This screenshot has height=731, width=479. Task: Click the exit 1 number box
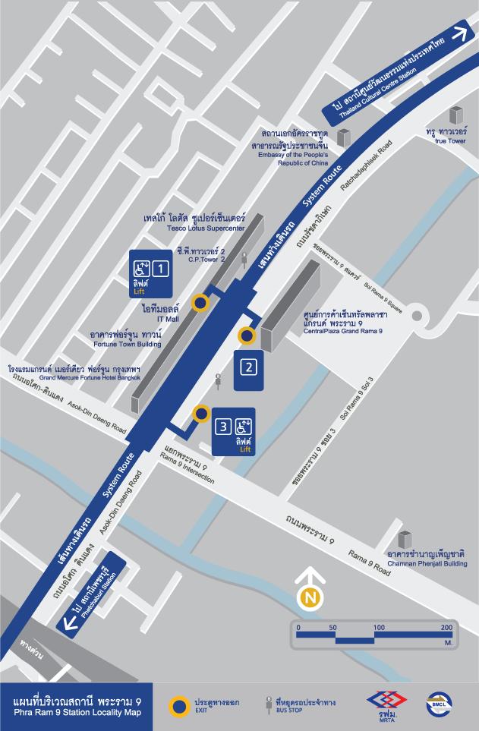[160, 268]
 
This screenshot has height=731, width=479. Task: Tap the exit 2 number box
[248, 367]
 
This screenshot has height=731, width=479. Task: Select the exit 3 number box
[223, 427]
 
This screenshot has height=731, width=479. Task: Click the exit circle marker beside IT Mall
[200, 303]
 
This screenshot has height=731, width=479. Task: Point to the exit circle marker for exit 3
[201, 414]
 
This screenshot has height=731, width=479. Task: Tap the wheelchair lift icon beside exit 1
[141, 268]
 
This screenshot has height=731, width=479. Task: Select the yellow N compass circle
[310, 597]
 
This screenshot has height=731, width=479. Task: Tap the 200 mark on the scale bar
[446, 628]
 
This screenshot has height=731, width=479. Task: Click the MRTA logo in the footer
[386, 704]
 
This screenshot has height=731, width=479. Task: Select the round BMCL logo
[439, 704]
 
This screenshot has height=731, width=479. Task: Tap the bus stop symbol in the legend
[268, 704]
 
